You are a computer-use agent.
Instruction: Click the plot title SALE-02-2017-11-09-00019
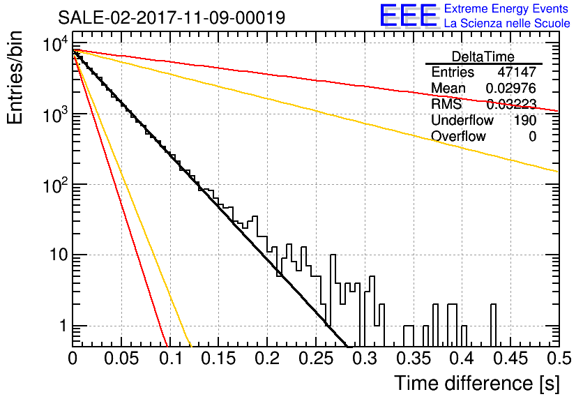tap(172, 17)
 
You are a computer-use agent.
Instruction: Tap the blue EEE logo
tap(408, 15)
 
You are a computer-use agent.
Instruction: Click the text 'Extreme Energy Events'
tap(506, 8)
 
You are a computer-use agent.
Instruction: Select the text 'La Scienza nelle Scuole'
tap(507, 24)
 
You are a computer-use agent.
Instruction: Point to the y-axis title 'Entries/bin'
tap(15, 77)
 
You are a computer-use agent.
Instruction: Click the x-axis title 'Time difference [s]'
tap(477, 383)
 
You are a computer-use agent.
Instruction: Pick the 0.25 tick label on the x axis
tap(316, 359)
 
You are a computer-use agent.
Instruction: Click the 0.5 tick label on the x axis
tap(559, 359)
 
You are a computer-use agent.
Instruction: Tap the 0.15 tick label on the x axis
tap(219, 359)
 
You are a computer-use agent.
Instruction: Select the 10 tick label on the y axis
tap(58, 255)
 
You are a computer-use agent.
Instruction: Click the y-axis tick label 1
tap(63, 326)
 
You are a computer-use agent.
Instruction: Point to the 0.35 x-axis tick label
tap(414, 359)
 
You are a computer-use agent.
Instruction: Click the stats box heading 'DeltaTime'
tap(483, 57)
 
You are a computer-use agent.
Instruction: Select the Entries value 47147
tap(517, 72)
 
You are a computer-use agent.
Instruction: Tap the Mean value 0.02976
tap(511, 88)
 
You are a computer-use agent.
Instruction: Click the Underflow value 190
tap(525, 120)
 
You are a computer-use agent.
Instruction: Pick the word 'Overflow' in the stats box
tap(458, 136)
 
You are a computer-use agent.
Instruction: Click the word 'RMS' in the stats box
tap(446, 104)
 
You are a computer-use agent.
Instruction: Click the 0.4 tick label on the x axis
tap(462, 359)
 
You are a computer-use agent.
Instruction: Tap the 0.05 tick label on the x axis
tap(121, 359)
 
